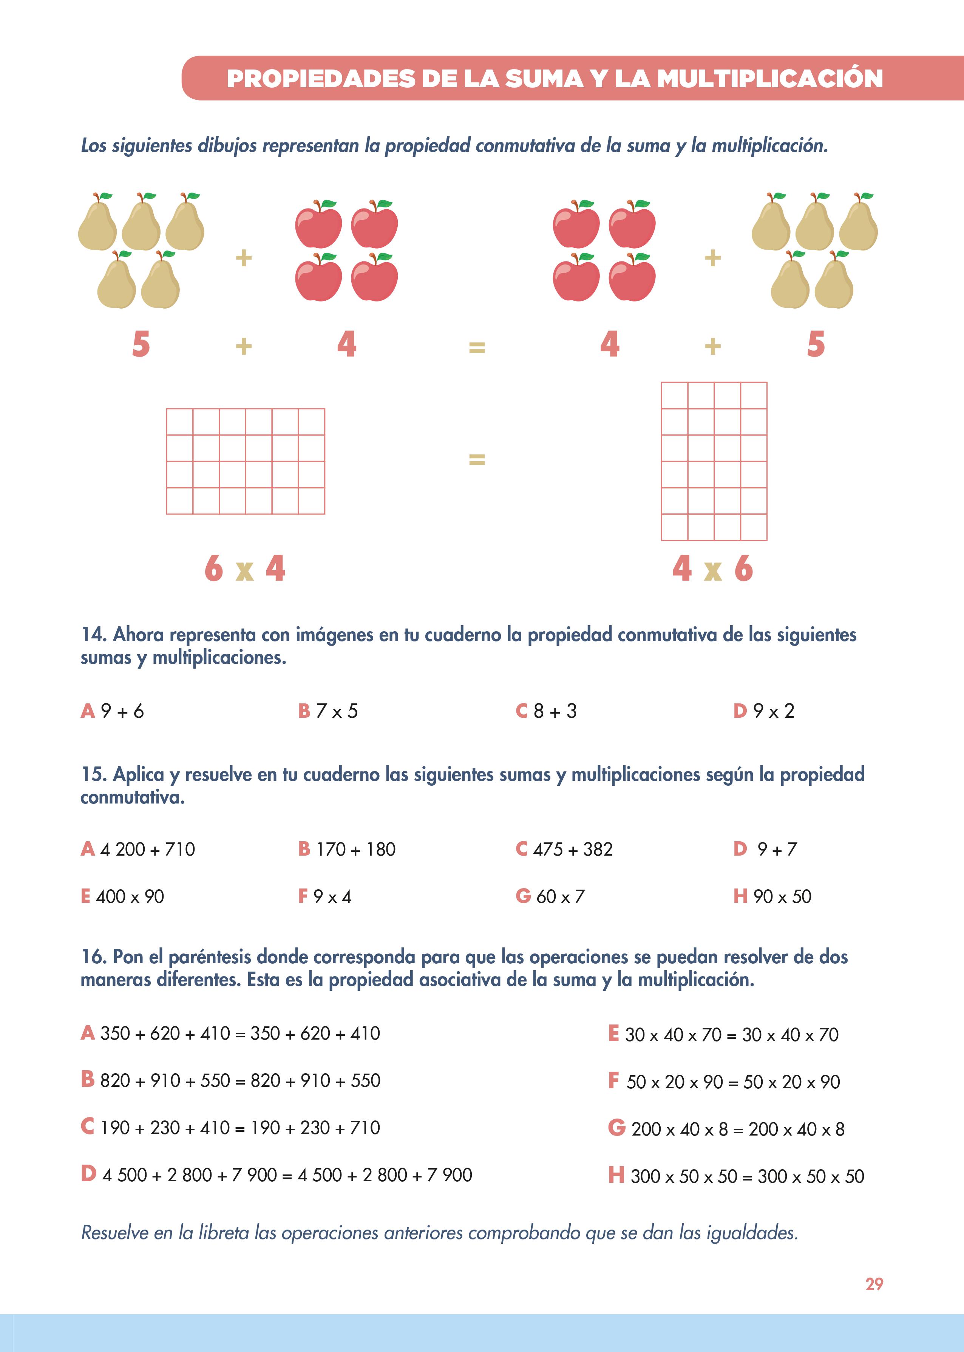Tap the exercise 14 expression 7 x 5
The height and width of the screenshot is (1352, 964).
[337, 711]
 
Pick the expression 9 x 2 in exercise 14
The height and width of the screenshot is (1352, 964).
[774, 711]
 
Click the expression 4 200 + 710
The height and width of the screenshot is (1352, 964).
[147, 849]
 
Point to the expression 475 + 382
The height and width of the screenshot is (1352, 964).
[573, 849]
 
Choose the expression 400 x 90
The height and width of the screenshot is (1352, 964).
[130, 896]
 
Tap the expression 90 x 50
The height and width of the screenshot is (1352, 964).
[782, 896]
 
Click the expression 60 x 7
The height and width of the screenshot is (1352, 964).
[560, 896]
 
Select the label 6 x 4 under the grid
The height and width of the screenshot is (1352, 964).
[244, 569]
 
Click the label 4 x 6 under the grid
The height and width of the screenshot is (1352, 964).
[712, 569]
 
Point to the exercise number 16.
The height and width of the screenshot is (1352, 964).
[94, 957]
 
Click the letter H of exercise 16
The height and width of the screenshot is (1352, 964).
[616, 1174]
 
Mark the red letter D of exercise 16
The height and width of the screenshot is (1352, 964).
[88, 1173]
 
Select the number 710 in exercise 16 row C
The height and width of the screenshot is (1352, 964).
[365, 1128]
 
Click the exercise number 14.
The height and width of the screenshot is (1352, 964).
[94, 635]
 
